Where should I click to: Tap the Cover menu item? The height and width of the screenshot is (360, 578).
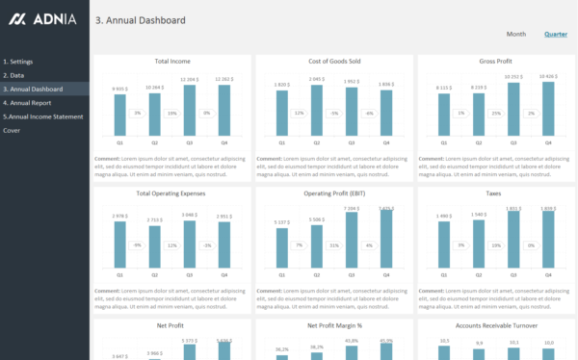(12, 130)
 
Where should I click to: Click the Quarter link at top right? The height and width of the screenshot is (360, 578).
(555, 34)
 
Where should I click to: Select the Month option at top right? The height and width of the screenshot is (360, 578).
(516, 34)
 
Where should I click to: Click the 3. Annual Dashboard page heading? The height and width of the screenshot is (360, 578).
(141, 20)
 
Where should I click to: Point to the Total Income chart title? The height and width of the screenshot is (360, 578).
(172, 62)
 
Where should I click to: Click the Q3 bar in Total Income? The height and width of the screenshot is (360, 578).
(190, 110)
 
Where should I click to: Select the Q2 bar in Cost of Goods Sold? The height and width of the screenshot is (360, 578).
(317, 110)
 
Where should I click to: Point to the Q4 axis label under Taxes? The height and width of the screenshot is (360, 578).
(548, 275)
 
